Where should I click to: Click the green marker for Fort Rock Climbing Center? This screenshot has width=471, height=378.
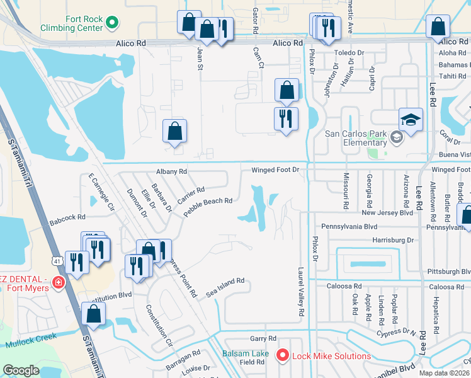(x=113, y=24)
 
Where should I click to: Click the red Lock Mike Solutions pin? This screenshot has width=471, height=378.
(x=282, y=357)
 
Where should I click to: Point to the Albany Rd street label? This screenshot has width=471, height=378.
(x=171, y=171)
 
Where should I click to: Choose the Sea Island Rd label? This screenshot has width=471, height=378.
(x=225, y=289)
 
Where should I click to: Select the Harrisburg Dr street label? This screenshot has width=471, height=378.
(x=393, y=240)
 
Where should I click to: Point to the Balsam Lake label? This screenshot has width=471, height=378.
(x=246, y=353)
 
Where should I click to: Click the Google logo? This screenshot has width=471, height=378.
(x=21, y=370)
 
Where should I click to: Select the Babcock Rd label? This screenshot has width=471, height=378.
(x=67, y=217)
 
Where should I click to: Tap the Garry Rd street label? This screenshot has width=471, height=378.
(x=263, y=338)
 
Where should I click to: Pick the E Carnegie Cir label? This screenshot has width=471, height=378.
(x=101, y=192)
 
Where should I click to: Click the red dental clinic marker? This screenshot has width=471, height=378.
(x=59, y=282)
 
